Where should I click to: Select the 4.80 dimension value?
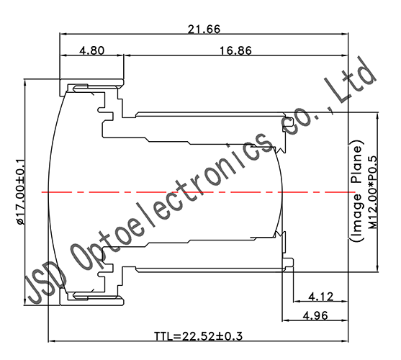pyautogui.click(x=92, y=51)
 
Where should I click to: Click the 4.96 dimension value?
pyautogui.click(x=320, y=314)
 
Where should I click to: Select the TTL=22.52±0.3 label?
pyautogui.click(x=199, y=336)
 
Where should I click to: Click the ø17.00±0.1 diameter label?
pyautogui.click(x=19, y=192)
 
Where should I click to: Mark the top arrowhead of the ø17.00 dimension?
pyautogui.click(x=26, y=81)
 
